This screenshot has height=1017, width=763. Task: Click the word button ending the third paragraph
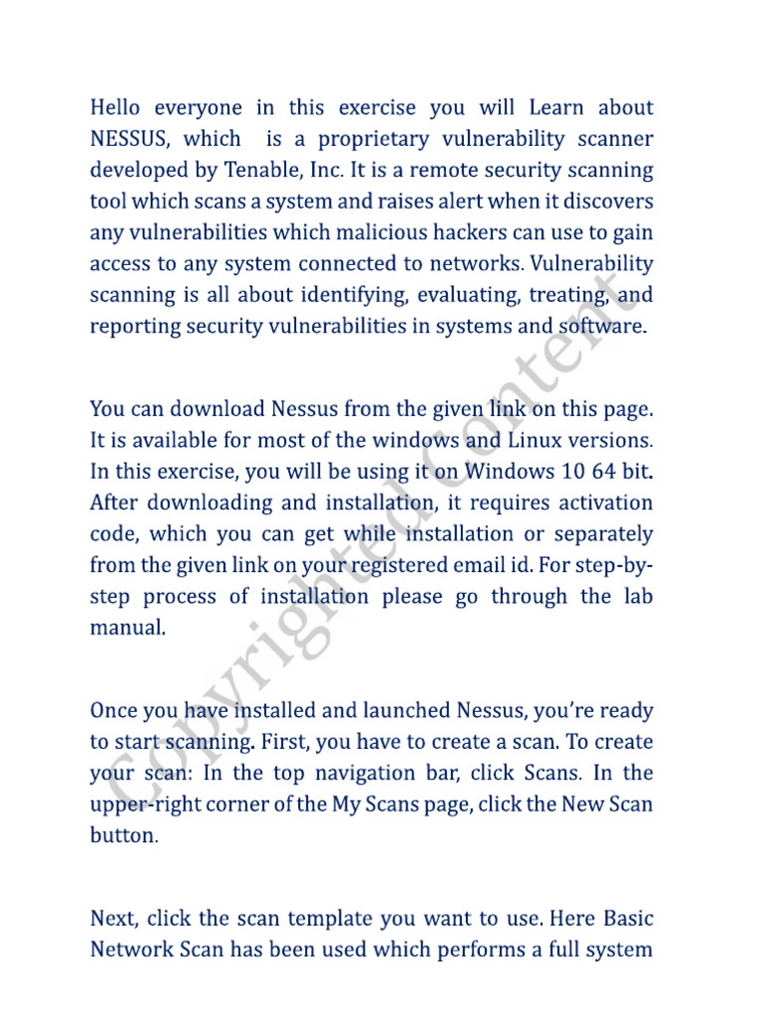pos(122,835)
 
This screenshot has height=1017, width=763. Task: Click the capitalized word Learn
pos(561,107)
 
